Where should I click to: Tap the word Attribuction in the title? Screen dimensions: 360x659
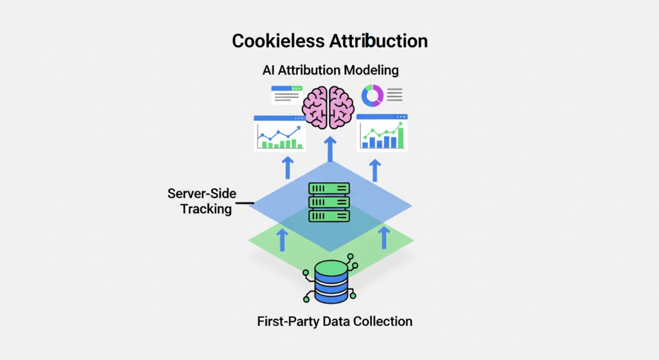pos(378,41)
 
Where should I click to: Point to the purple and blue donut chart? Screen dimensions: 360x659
pos(373,96)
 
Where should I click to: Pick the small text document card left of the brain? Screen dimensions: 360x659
pos(286,95)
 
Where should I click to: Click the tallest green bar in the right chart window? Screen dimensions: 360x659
pos(401,137)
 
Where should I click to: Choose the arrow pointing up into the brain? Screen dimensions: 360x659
pos(330,148)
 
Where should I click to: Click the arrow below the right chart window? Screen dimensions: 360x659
pos(375,169)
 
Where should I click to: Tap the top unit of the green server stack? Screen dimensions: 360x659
pos(329,189)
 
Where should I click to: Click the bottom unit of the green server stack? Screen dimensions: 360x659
pos(329,216)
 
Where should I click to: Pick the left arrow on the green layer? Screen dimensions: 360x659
pos(282,238)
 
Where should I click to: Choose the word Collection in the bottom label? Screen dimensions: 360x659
pos(384,321)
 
